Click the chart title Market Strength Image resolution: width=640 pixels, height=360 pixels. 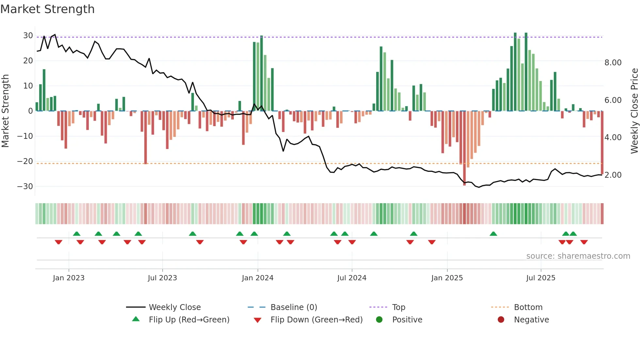(47, 9)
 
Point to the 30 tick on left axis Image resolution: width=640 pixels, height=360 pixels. (28, 36)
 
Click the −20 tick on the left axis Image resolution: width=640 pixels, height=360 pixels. (25, 161)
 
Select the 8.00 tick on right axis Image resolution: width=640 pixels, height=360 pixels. (613, 63)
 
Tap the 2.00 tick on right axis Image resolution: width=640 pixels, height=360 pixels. (613, 175)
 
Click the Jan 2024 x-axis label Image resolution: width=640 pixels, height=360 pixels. (257, 278)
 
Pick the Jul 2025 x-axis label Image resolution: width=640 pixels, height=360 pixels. (540, 278)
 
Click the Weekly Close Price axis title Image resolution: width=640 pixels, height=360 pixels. (634, 111)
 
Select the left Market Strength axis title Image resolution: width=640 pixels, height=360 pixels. (5, 111)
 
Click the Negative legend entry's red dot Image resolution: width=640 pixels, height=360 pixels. (501, 319)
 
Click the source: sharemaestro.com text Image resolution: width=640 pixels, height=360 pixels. (578, 256)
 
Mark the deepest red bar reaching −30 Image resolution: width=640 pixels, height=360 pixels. (464, 148)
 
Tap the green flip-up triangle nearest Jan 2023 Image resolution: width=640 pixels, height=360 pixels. (77, 234)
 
